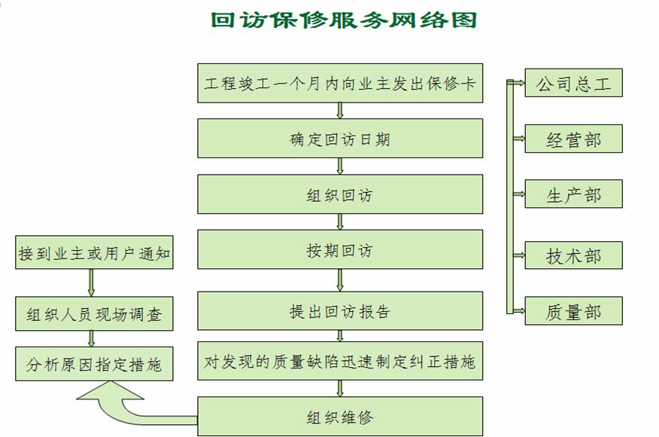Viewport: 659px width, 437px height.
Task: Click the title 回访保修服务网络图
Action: click(x=345, y=20)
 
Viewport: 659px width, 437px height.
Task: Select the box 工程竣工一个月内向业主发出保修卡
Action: click(x=340, y=83)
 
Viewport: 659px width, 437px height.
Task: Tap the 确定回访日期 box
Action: click(x=340, y=139)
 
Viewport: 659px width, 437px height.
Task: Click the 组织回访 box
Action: click(x=340, y=194)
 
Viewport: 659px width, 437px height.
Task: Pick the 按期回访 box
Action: click(x=340, y=250)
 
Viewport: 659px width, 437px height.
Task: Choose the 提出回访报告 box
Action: click(x=340, y=311)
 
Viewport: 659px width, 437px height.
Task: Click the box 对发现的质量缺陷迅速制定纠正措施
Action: click(x=340, y=362)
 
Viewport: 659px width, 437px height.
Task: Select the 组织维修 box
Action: click(x=340, y=417)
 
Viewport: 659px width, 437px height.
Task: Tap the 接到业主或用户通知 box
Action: click(x=95, y=253)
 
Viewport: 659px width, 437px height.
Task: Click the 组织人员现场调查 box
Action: click(x=95, y=313)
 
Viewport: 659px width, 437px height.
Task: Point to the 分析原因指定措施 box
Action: click(x=95, y=365)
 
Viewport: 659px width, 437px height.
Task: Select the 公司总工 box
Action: click(x=573, y=83)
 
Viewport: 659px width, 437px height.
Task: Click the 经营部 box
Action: click(x=573, y=139)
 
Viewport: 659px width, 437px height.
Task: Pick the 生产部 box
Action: click(x=573, y=194)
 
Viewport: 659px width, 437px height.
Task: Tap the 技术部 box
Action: click(x=573, y=255)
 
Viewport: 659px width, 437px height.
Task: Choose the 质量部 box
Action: click(x=573, y=310)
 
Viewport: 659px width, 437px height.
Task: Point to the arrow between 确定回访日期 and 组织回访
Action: click(x=340, y=167)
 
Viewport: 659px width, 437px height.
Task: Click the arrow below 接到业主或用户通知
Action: click(x=92, y=283)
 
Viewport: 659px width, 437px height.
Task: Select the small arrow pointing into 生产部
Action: click(x=517, y=194)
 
